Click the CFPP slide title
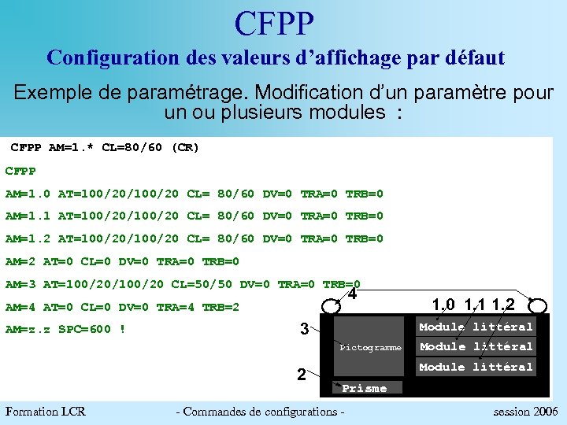click(x=274, y=24)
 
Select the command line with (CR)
click(x=105, y=147)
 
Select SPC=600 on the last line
click(x=85, y=329)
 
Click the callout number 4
click(x=353, y=295)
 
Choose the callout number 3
click(x=302, y=330)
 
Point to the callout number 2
click(x=302, y=374)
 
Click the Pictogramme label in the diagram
click(x=370, y=347)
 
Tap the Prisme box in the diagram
click(x=365, y=387)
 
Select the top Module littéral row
click(x=476, y=327)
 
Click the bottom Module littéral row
click(x=476, y=367)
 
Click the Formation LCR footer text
click(x=45, y=411)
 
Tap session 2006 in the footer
click(x=525, y=411)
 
